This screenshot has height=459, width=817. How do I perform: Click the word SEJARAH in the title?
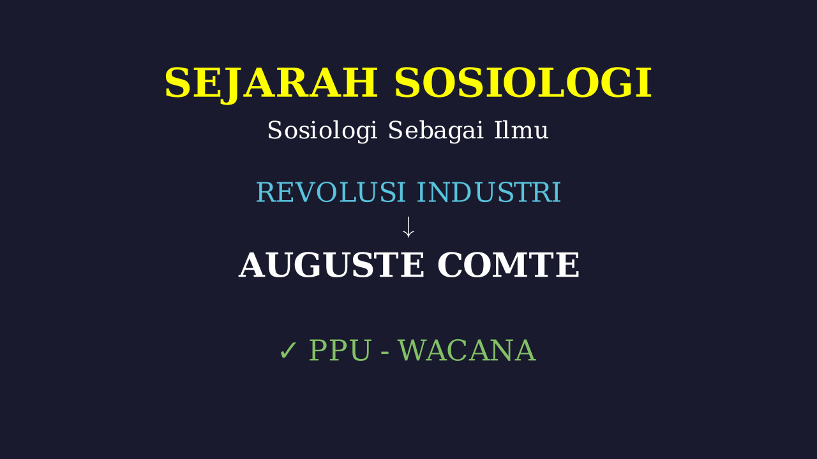click(271, 84)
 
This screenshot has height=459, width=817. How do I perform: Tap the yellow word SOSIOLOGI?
click(523, 83)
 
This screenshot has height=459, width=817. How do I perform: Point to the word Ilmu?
click(521, 131)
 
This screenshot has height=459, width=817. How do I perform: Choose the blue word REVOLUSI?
click(331, 193)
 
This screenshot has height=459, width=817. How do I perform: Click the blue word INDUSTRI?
click(489, 193)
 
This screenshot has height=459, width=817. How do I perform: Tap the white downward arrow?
click(408, 228)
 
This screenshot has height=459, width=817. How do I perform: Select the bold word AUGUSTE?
click(331, 265)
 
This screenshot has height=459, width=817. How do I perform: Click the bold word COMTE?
click(509, 265)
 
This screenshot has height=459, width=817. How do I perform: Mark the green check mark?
click(288, 351)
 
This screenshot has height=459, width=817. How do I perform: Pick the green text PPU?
click(340, 351)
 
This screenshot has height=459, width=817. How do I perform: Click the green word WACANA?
click(467, 351)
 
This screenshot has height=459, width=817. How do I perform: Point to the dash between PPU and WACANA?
click(385, 353)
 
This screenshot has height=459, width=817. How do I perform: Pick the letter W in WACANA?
click(414, 351)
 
